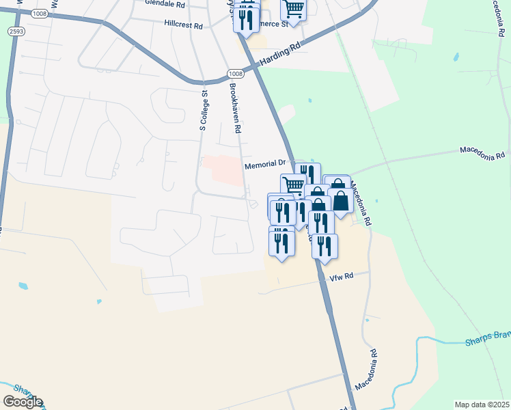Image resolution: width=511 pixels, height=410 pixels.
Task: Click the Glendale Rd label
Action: tap(165, 4)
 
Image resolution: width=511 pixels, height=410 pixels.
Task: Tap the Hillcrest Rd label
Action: tap(184, 25)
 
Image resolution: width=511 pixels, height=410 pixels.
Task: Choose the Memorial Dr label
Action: tap(265, 165)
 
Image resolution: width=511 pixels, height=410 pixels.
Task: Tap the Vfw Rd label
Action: tap(341, 276)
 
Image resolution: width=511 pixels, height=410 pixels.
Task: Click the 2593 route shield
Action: tap(16, 31)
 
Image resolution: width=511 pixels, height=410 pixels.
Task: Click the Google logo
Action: tap(23, 401)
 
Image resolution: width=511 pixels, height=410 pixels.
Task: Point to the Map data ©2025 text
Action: tap(482, 405)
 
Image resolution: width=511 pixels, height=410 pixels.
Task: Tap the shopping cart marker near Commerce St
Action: tap(293, 10)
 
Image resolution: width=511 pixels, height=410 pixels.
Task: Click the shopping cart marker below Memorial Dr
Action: tap(293, 185)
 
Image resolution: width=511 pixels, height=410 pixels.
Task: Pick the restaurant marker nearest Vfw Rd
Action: tap(325, 245)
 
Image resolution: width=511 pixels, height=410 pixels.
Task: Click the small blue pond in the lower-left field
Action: tap(24, 286)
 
